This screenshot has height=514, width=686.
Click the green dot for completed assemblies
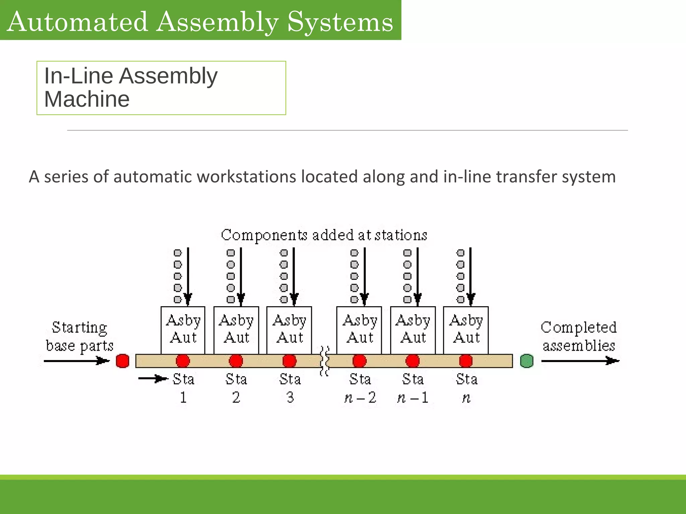(x=527, y=361)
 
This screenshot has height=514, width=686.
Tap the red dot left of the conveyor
(x=122, y=361)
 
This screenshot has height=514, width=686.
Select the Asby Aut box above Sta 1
(x=183, y=329)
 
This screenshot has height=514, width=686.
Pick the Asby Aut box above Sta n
(x=466, y=329)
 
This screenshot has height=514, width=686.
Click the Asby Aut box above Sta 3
(x=289, y=329)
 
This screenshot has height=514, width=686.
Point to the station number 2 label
(x=236, y=398)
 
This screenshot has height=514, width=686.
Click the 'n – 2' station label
(x=360, y=398)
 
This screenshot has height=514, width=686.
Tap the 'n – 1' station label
(x=413, y=398)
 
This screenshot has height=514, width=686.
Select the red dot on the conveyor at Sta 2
(x=236, y=361)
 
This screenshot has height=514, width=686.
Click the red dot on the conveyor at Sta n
(x=466, y=361)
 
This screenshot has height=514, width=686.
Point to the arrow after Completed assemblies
(x=580, y=361)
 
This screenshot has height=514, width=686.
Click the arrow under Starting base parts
(x=76, y=361)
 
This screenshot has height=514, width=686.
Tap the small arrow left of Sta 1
(x=153, y=379)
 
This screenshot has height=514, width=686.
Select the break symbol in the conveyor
(x=324, y=361)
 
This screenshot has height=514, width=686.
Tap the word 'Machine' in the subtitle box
(x=87, y=99)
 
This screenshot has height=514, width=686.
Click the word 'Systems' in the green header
(x=340, y=21)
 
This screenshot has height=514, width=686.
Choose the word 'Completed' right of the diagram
(x=578, y=327)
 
